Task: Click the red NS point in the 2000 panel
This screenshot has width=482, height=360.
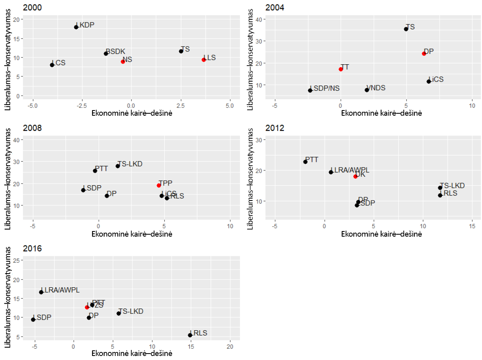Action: [123, 61]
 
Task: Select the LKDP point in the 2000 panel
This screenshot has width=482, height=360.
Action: [76, 27]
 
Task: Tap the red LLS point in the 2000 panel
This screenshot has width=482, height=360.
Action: [204, 60]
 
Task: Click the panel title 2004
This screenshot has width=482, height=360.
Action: [274, 8]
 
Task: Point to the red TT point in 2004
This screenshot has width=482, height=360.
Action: [341, 69]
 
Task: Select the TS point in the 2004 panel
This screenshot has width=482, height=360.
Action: [406, 29]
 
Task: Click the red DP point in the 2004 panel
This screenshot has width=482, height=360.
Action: [424, 53]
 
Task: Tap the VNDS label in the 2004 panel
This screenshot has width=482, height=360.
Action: [376, 88]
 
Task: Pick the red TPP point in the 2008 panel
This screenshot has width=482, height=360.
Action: [159, 185]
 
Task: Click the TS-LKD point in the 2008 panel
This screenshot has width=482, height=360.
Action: [118, 166]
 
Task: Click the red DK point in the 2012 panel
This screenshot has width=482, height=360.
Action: [355, 176]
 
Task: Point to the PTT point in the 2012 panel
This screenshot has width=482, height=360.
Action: [305, 162]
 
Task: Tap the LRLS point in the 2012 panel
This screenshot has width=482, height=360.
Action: [440, 195]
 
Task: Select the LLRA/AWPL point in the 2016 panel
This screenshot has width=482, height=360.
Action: [41, 292]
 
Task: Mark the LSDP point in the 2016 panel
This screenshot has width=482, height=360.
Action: [33, 319]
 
